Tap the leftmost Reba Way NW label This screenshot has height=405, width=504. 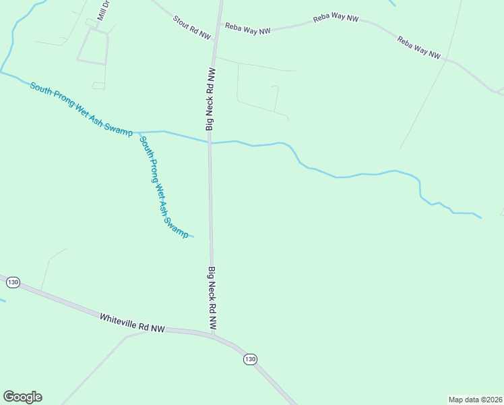click(x=247, y=28)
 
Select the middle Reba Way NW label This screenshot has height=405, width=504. click(x=335, y=18)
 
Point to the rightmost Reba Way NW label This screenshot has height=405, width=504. click(x=418, y=48)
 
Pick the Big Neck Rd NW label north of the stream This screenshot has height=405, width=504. click(x=210, y=99)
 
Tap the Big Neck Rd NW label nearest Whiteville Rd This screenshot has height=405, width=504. click(x=212, y=298)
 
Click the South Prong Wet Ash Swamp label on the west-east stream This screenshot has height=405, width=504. click(x=81, y=109)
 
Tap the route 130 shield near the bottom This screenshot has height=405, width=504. click(x=250, y=359)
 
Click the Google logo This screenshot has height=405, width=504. click(x=22, y=397)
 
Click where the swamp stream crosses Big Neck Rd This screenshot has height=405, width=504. click(x=210, y=142)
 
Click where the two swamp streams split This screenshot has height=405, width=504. click(x=137, y=132)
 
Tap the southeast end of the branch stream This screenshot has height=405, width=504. click(x=193, y=237)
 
